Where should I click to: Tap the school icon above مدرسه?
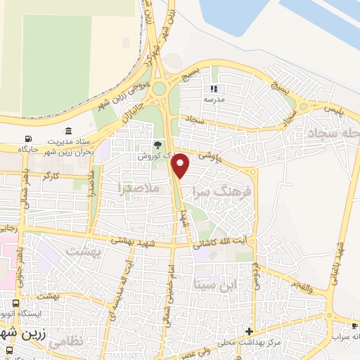213,89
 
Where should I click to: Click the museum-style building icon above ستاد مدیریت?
68,131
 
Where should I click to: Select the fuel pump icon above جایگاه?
28,139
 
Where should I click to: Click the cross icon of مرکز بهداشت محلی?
248,331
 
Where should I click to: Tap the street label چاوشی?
208,150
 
